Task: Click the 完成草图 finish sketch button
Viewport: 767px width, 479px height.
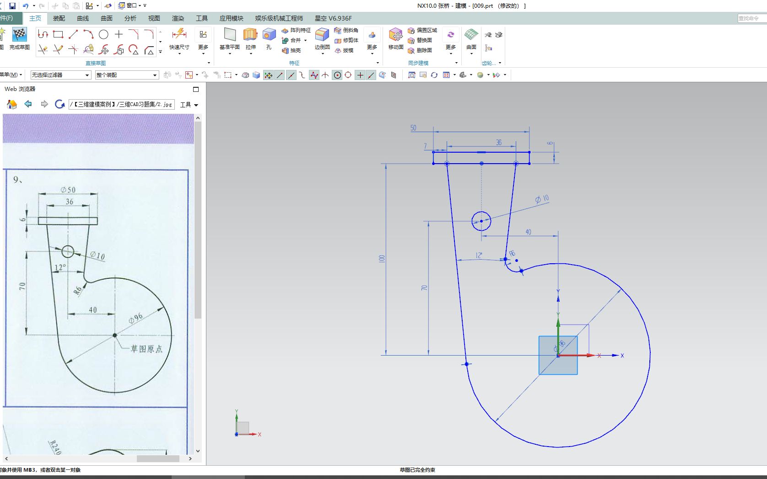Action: tap(19, 39)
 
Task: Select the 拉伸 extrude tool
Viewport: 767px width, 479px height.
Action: tap(250, 39)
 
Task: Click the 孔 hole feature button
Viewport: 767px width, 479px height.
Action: tap(269, 39)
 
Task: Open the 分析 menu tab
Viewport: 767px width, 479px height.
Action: tap(130, 18)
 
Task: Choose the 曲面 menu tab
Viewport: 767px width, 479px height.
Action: tap(107, 18)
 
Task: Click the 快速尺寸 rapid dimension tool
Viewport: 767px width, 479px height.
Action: tap(179, 39)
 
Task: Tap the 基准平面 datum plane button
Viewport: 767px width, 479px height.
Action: tap(230, 39)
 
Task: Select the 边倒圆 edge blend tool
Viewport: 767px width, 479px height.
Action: tap(322, 39)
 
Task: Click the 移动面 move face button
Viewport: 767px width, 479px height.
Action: tap(396, 39)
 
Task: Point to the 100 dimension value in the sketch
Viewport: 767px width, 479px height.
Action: tap(382, 259)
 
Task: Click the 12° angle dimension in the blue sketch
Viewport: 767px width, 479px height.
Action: tap(479, 255)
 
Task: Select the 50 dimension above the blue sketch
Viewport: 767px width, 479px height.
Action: tap(413, 128)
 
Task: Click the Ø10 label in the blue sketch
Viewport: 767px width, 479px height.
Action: tap(542, 199)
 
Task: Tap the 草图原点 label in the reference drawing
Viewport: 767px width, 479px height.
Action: tap(146, 349)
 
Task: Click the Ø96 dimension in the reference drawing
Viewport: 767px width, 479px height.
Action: tap(135, 318)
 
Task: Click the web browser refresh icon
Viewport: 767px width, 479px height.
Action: tap(59, 104)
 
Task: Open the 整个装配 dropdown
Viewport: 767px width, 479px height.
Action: tap(127, 75)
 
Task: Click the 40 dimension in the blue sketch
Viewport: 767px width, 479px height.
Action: tap(528, 232)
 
